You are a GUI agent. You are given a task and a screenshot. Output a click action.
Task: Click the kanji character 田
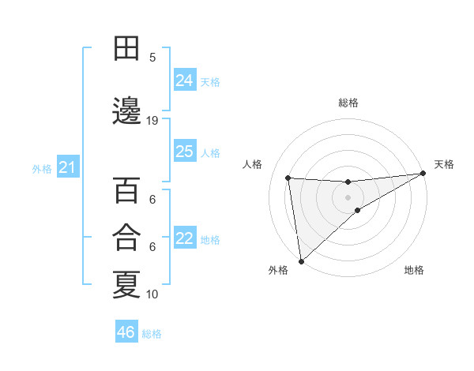[126, 49]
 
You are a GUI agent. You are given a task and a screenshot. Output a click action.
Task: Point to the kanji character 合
[126, 238]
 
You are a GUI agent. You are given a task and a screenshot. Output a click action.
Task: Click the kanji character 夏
[126, 284]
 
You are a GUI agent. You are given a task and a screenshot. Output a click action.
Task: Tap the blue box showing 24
[185, 81]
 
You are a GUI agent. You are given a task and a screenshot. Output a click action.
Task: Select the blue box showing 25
[185, 152]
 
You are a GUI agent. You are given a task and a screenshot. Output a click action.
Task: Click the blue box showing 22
[185, 239]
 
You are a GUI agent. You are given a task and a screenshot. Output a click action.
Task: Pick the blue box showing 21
[68, 167]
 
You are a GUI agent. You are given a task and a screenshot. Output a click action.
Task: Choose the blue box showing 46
[126, 332]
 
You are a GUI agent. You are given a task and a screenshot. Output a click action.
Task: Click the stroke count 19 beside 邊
[152, 121]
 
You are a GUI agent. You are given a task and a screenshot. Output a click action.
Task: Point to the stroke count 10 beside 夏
[152, 294]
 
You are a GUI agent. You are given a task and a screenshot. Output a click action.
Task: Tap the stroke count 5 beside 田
[152, 57]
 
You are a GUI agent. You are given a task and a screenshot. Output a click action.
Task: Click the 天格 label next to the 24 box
[210, 81]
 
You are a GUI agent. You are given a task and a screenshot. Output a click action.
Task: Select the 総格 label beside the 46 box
[152, 334]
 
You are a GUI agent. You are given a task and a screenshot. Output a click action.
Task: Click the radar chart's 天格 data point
[423, 174]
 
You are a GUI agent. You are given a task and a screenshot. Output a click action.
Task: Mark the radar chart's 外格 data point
[301, 260]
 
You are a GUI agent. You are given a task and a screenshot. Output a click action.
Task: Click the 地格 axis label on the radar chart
[414, 271]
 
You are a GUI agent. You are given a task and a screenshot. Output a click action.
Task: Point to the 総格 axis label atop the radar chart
[348, 103]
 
